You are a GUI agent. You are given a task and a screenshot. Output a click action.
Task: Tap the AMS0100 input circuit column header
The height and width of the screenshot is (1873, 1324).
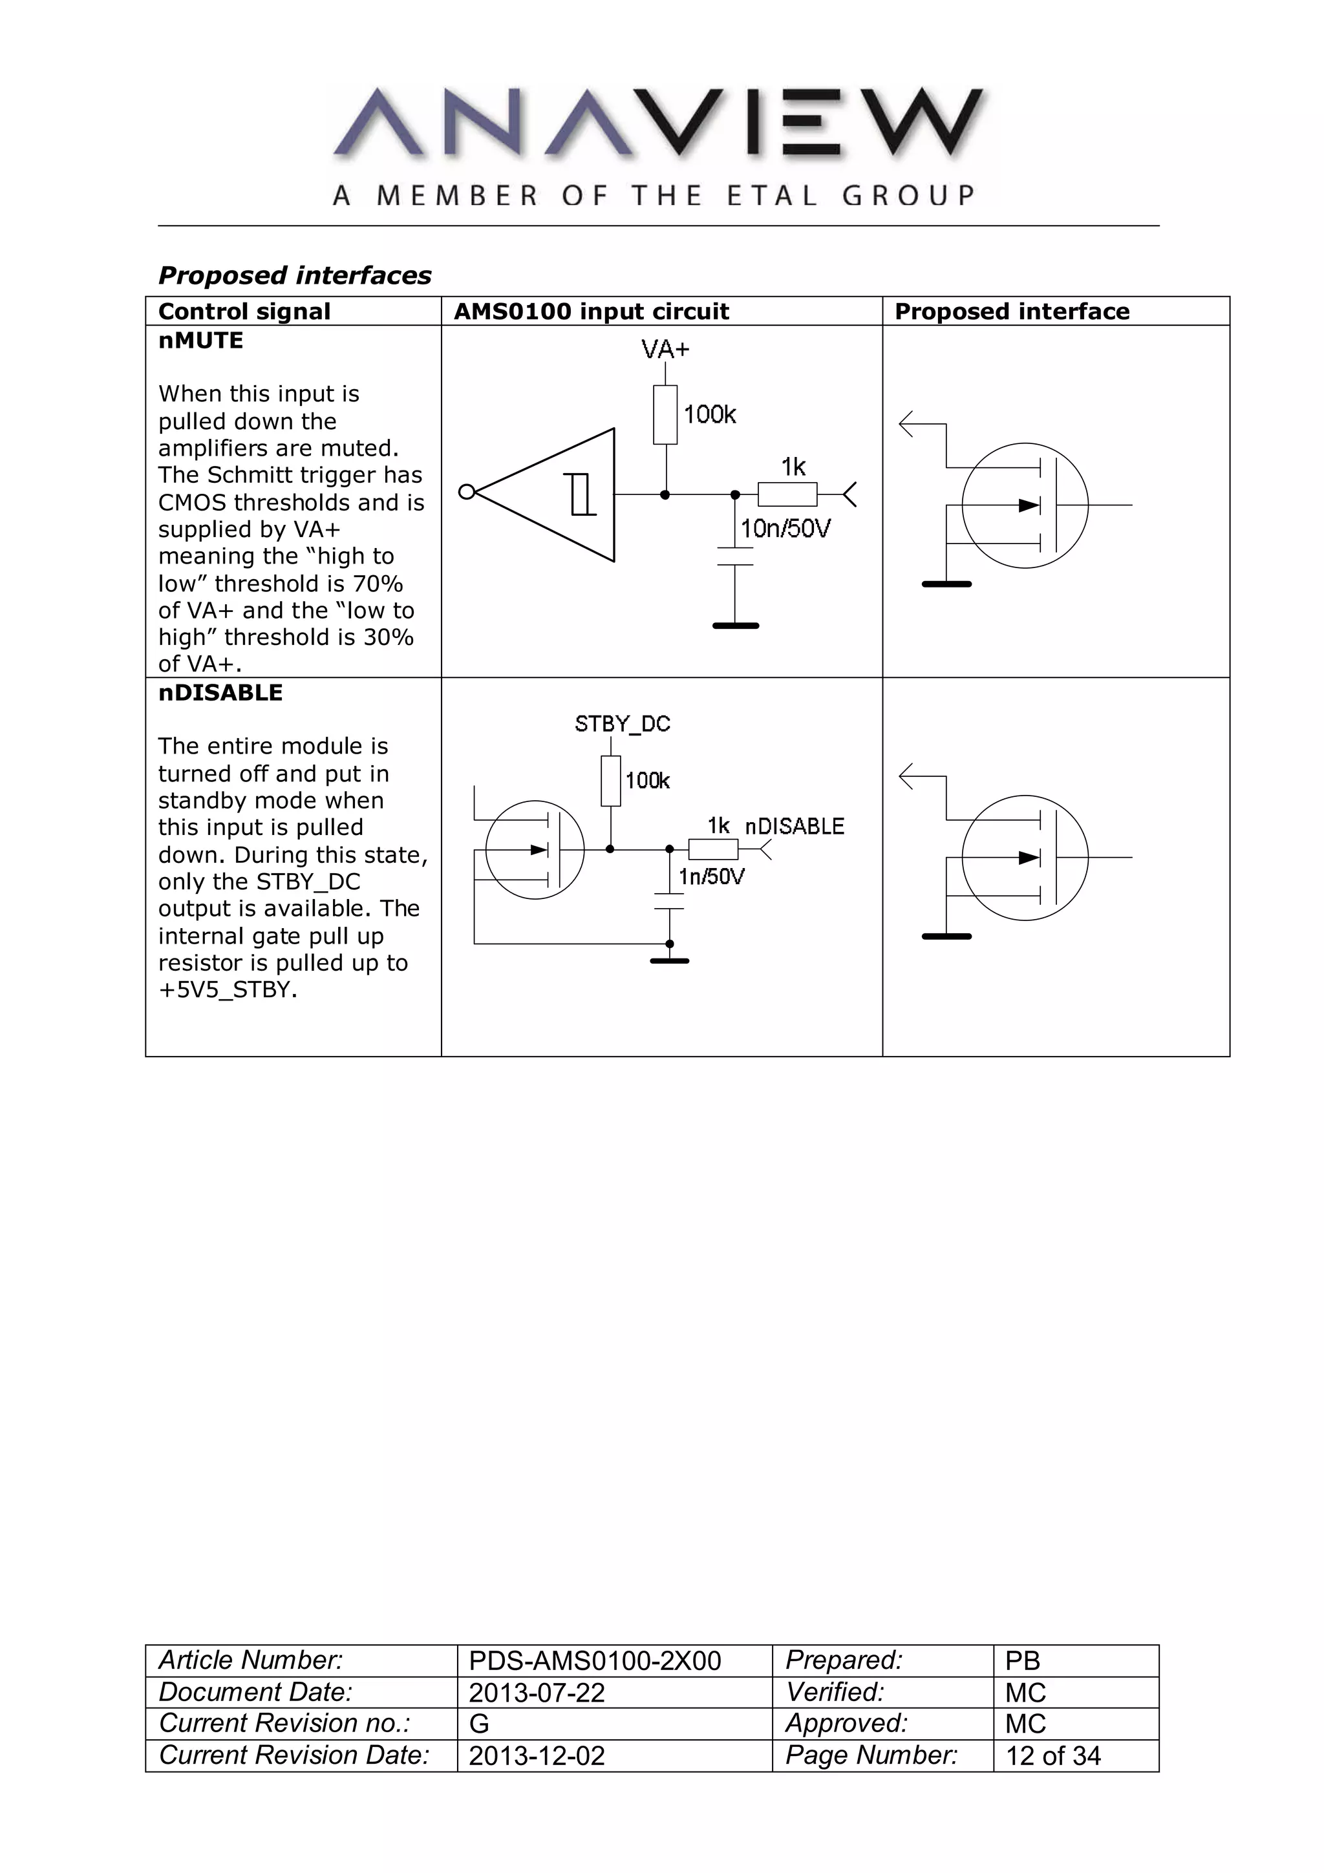coord(591,312)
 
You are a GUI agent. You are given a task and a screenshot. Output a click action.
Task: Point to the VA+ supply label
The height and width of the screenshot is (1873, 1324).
coord(665,350)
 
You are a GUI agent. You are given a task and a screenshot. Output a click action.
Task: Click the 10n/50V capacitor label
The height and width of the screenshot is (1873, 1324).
coord(785,529)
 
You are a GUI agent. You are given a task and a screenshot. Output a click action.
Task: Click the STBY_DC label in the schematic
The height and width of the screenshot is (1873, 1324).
coord(622,724)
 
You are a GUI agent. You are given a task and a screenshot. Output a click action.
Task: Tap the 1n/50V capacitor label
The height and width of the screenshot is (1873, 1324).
coord(711,877)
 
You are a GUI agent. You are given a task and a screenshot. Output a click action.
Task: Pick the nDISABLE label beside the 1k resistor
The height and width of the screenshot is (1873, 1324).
coord(794,827)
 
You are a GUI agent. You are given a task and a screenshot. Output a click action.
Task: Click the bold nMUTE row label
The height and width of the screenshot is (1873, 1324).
coord(200,340)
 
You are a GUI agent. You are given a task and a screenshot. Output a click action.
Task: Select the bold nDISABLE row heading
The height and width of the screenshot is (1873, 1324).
coord(220,693)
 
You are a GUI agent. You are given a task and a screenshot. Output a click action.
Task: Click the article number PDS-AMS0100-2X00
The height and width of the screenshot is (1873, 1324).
coord(595,1661)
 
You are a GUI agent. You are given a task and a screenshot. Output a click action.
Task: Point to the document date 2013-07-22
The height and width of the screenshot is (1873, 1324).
coord(537,1693)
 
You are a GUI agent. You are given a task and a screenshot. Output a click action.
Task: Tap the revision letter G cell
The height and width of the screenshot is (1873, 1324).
coord(479,1724)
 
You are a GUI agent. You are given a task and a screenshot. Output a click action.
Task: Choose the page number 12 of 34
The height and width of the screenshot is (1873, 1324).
coord(1052,1755)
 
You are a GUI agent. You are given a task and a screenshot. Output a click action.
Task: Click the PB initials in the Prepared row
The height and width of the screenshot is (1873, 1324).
coord(1022,1661)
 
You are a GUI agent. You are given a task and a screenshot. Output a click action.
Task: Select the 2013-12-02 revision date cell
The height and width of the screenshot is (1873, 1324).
coord(537,1755)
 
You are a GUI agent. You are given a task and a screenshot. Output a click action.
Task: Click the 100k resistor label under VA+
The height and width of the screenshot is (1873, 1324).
coord(710,414)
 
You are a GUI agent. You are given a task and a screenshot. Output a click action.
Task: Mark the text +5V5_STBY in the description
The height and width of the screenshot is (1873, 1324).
coord(227,989)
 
